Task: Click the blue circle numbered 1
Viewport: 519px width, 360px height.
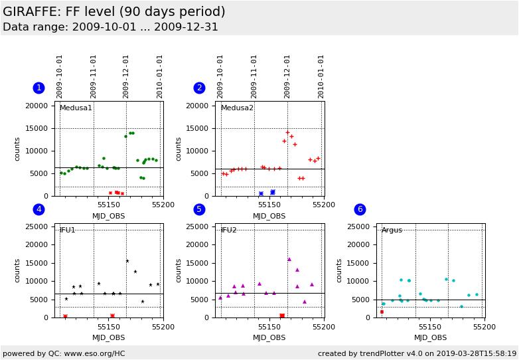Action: [38, 88]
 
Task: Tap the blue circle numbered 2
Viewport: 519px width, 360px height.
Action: [199, 88]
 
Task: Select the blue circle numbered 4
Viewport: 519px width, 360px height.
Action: [38, 209]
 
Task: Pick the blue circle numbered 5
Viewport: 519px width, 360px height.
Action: [199, 209]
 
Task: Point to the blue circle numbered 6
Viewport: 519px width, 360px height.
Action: [360, 209]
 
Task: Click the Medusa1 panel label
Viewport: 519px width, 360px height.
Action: [76, 108]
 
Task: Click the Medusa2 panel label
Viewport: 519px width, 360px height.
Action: [237, 108]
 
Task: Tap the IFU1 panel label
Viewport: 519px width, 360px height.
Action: [68, 230]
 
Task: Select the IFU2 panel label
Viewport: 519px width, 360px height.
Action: [229, 230]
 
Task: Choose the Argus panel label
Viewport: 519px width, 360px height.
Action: [392, 230]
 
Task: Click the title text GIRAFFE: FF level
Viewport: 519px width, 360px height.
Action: [113, 12]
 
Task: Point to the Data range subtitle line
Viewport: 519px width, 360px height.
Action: [110, 27]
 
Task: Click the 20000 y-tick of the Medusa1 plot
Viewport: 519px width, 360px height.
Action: [37, 106]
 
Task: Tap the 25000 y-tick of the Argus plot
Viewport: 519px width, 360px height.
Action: [358, 226]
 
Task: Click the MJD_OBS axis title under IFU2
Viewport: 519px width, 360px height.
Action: [269, 337]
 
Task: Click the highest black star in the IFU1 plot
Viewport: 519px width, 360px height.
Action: [127, 261]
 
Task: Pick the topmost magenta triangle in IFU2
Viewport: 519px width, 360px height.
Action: [289, 259]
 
